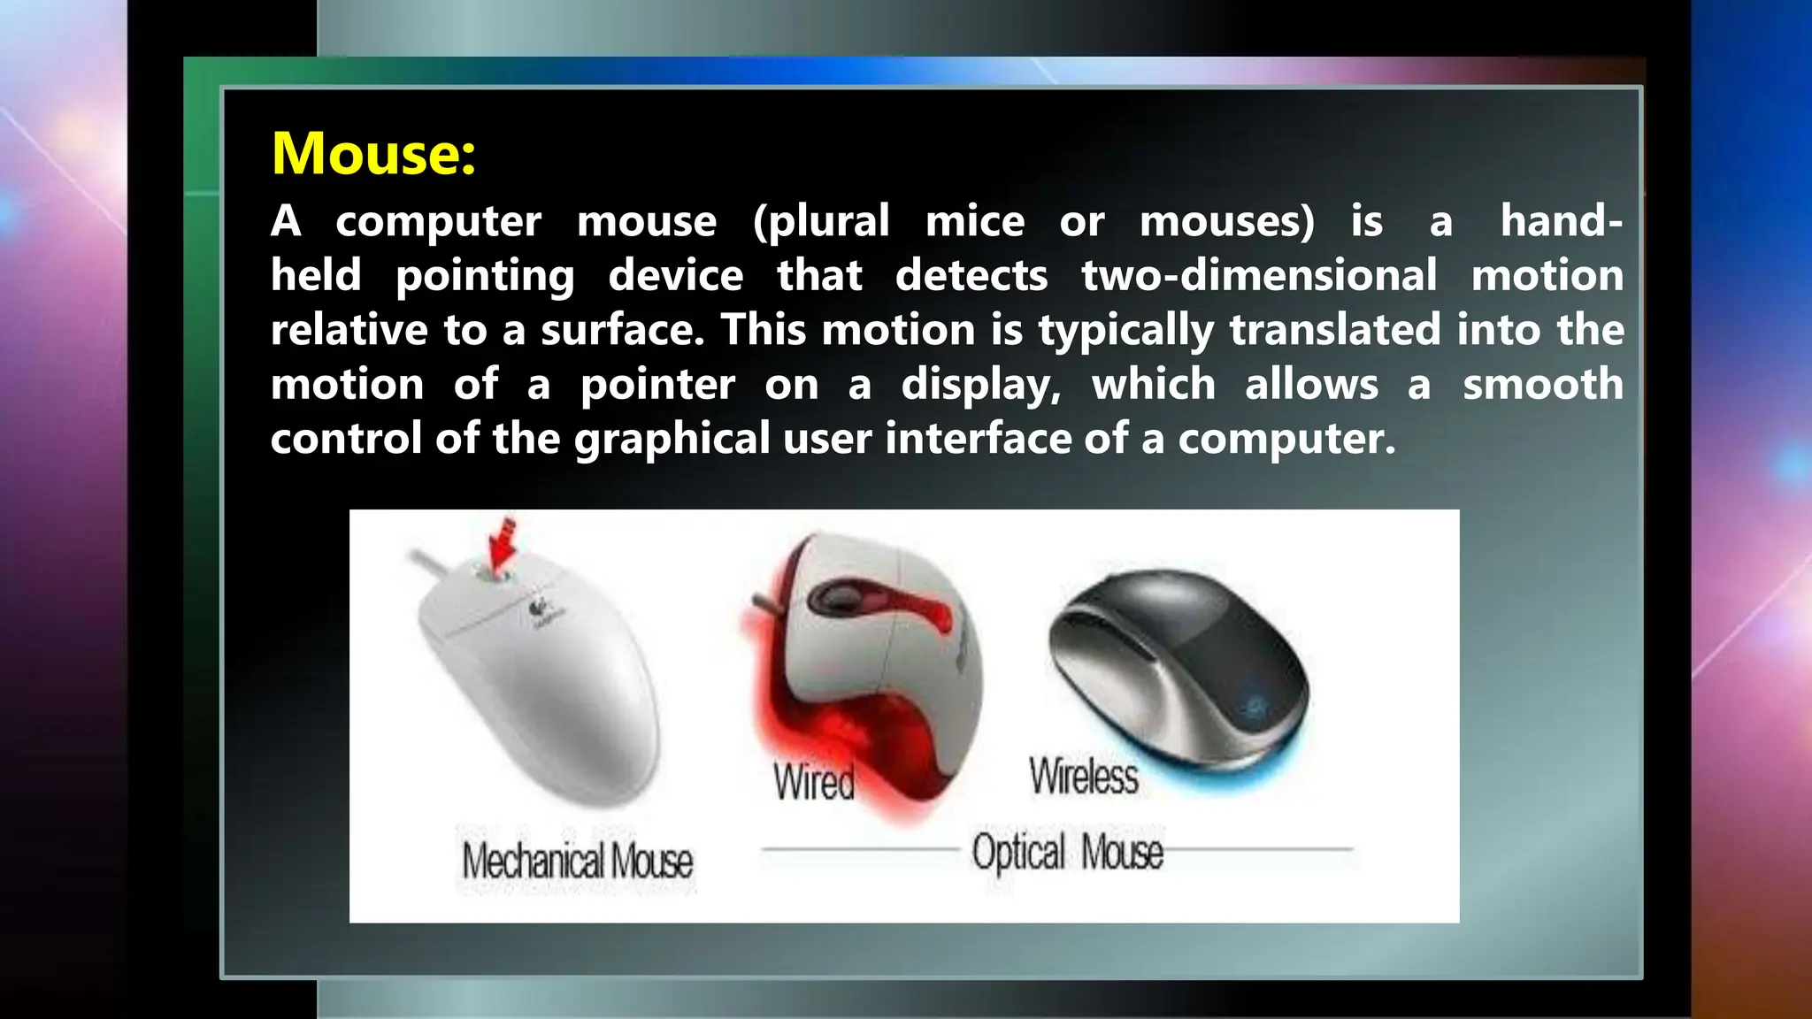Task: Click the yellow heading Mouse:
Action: click(x=373, y=154)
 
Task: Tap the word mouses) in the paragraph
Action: click(x=1226, y=221)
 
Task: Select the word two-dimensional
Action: click(x=1258, y=275)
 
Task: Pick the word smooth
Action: click(x=1542, y=385)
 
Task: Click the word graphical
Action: click(x=672, y=440)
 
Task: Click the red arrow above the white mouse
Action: click(x=503, y=545)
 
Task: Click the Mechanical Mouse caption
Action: click(x=577, y=861)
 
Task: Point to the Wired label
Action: click(x=813, y=782)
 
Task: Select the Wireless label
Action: click(x=1083, y=777)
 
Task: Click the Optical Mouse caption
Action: click(x=1067, y=852)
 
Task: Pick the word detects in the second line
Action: click(x=971, y=275)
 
